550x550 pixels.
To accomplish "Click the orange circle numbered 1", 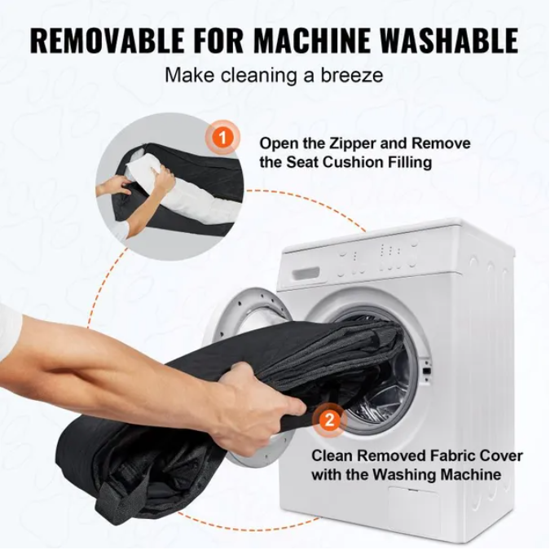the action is [x=223, y=138].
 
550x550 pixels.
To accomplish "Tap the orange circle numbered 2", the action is [x=329, y=420].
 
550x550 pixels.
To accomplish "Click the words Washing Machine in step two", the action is [x=437, y=474].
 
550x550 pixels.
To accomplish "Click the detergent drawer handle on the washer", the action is [x=306, y=273].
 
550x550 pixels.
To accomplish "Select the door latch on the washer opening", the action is [x=427, y=371].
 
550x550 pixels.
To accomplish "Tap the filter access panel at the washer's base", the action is [x=413, y=504].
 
